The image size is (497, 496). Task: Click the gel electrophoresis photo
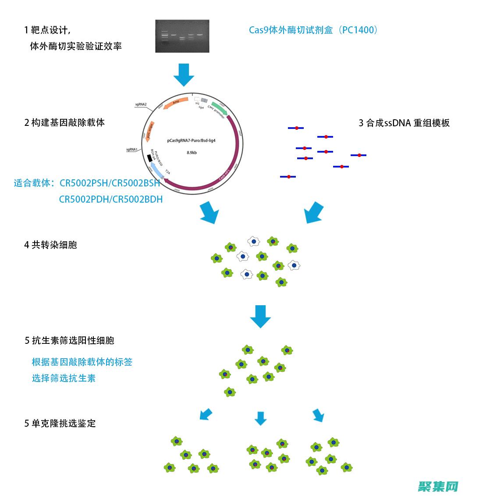tap(182, 36)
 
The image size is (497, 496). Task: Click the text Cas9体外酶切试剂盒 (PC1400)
tap(313, 30)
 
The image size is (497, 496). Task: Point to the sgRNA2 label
tap(141, 104)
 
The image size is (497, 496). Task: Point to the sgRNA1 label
tap(132, 150)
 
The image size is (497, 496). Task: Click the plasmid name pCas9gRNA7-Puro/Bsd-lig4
tap(191, 141)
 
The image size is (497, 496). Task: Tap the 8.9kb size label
tap(192, 153)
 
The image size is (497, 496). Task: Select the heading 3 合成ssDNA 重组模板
tap(404, 123)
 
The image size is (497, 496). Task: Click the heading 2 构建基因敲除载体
tap(64, 122)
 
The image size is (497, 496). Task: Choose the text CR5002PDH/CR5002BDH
tap(111, 199)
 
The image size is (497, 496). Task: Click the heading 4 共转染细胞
tap(50, 245)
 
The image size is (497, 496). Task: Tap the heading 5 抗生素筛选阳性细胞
tap(69, 340)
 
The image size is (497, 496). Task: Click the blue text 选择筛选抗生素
tap(64, 378)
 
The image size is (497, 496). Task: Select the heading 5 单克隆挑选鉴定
tap(60, 423)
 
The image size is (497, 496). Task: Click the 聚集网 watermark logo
tap(438, 486)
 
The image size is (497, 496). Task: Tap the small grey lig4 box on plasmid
tap(204, 100)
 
